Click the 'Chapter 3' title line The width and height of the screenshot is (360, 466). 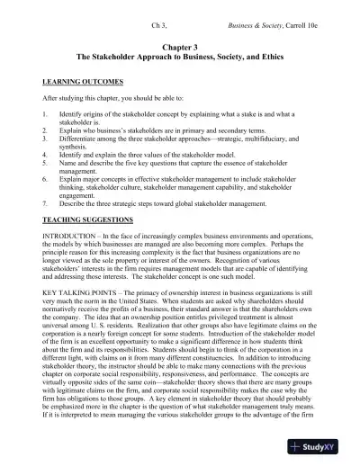(180, 43)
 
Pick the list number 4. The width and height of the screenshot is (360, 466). (46, 155)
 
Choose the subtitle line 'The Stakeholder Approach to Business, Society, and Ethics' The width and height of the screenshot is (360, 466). (180, 54)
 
